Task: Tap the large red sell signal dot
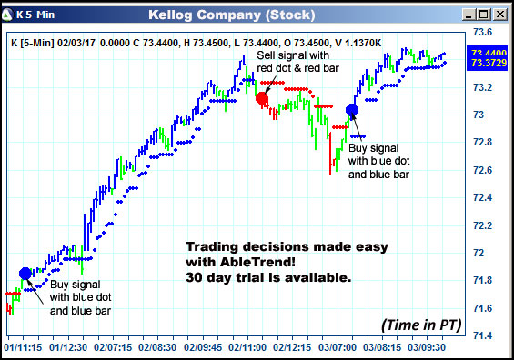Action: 263,98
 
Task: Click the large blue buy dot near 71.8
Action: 25,273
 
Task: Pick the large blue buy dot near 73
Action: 352,111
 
